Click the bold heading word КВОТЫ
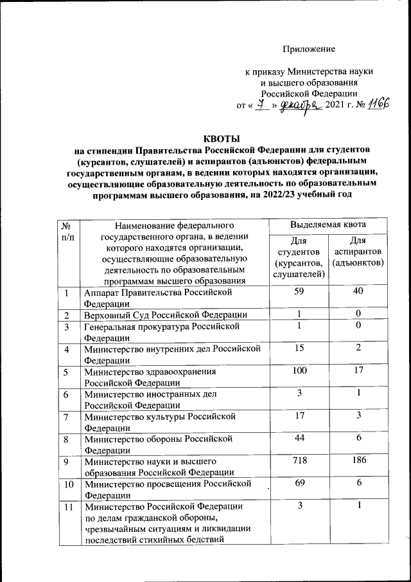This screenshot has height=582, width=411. coord(221,139)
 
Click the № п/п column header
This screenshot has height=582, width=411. coord(66,232)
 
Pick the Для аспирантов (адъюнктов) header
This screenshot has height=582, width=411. coord(358,251)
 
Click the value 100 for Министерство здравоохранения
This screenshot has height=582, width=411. coord(299,370)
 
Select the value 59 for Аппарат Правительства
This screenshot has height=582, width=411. coord(299,293)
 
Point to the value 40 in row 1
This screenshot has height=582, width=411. coord(358,293)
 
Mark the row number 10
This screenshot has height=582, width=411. coord(66,482)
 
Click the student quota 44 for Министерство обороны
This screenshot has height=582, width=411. coord(299,437)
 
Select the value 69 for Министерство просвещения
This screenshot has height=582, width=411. coord(299,482)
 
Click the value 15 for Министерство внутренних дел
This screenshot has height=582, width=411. coord(299,347)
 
